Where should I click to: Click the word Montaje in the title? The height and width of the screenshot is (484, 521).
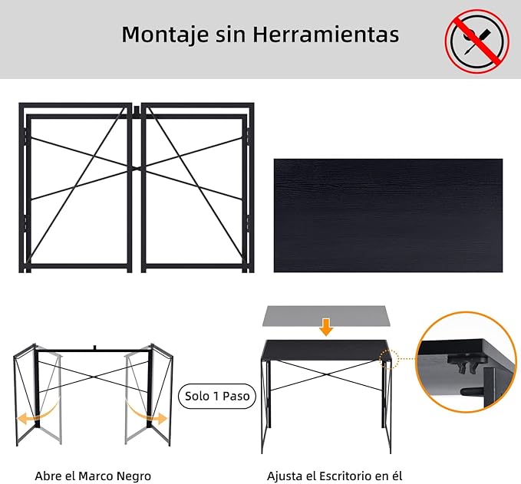click(x=165, y=35)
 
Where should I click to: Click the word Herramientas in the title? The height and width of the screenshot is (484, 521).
click(x=326, y=34)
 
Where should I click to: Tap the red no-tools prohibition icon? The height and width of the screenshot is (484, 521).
click(x=476, y=41)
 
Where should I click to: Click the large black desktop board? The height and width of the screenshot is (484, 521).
click(x=388, y=216)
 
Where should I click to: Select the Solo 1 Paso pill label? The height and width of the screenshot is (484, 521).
click(x=217, y=396)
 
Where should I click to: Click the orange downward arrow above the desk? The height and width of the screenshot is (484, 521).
click(x=326, y=327)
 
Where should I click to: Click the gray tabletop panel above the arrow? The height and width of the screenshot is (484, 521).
click(x=326, y=315)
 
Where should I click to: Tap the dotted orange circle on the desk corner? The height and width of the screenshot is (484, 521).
click(x=388, y=359)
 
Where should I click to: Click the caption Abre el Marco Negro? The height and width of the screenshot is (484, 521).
click(x=93, y=476)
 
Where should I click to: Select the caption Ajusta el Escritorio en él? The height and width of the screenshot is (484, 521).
click(x=335, y=476)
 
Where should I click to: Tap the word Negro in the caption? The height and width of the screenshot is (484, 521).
click(x=134, y=476)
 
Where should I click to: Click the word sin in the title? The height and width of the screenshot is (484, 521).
click(x=231, y=35)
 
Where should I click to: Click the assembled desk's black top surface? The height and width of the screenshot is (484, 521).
click(x=326, y=350)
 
